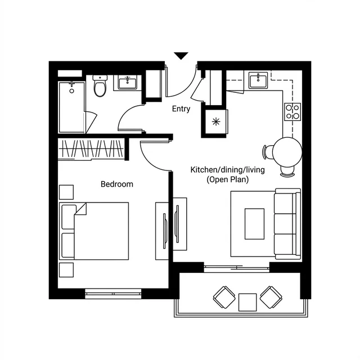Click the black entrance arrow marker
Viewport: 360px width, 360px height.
point(181,55)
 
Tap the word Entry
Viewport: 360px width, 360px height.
point(181,109)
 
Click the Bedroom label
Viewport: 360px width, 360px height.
point(117,184)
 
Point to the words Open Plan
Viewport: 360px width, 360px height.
point(228,179)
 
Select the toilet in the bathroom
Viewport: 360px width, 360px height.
point(100,85)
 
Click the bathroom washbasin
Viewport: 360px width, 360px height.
point(128,82)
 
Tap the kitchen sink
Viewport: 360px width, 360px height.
point(258,80)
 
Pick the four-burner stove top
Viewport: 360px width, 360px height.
point(292,112)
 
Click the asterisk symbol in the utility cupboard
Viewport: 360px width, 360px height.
point(216,121)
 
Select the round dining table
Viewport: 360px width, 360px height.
point(287,152)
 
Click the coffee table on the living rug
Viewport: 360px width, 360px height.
point(254,224)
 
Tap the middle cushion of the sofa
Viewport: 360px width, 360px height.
point(285,224)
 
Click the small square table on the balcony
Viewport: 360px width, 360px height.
point(247,302)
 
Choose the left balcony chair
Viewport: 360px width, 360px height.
point(224,298)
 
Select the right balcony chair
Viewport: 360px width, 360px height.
point(271,298)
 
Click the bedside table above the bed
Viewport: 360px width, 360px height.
point(66,192)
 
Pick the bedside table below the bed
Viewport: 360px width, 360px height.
point(66,270)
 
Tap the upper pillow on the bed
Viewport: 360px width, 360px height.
point(69,217)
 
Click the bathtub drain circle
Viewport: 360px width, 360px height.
point(71,91)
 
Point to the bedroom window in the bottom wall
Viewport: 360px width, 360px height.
point(113,294)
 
